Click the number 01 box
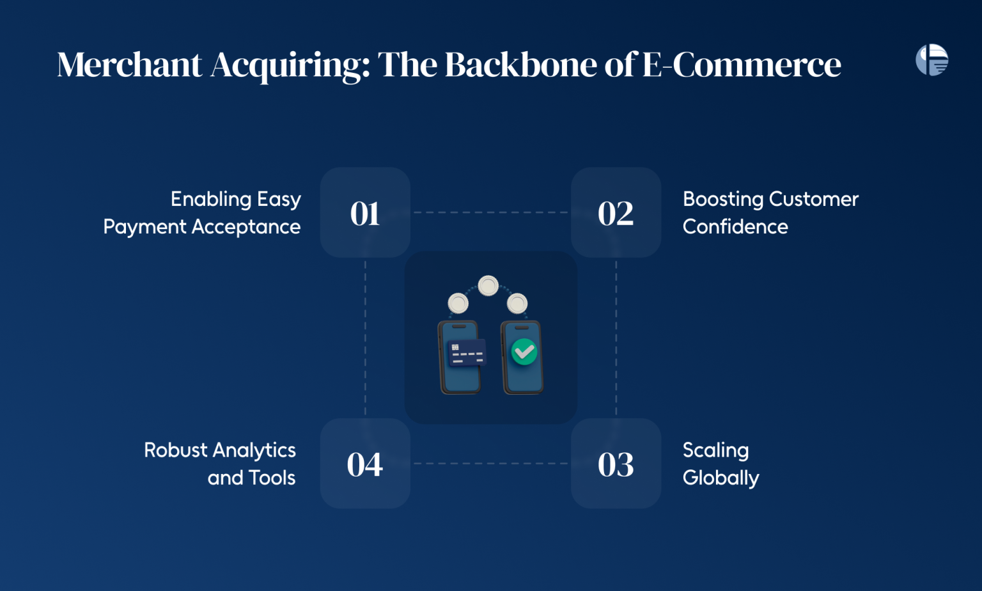click(x=365, y=212)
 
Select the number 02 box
click(x=616, y=212)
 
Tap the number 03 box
click(x=616, y=464)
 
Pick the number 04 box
click(x=365, y=464)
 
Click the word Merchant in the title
click(x=130, y=65)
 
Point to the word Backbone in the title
click(x=521, y=65)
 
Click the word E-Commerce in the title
click(x=741, y=65)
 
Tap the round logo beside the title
click(x=931, y=60)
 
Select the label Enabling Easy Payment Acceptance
click(x=202, y=212)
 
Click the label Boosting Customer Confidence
click(x=770, y=212)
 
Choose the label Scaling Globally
click(x=720, y=464)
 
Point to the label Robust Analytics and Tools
click(x=220, y=464)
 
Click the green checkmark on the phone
click(x=524, y=352)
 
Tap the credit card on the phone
click(x=467, y=352)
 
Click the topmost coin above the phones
click(x=488, y=285)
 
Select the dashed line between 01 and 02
click(x=490, y=212)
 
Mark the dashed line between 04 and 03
click(x=490, y=464)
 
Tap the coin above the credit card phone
click(x=458, y=303)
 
